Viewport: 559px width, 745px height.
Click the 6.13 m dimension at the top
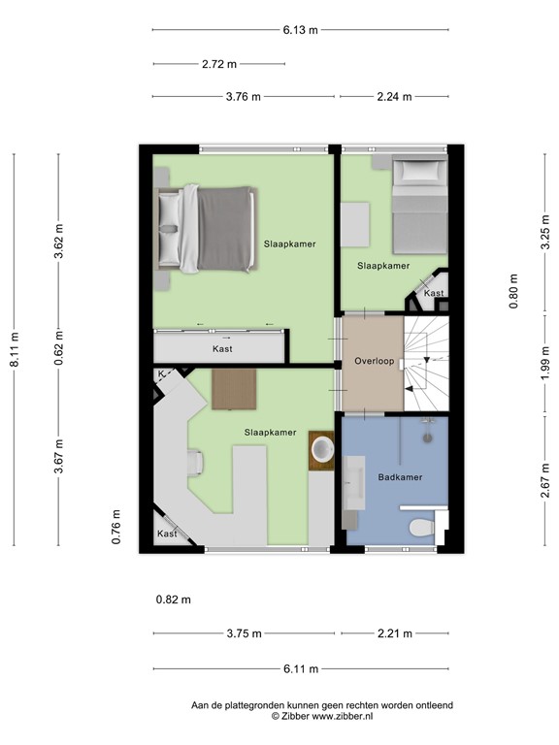pyautogui.click(x=300, y=30)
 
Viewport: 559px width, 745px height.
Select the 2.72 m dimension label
pyautogui.click(x=218, y=64)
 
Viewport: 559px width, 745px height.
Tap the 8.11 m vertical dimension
pyautogui.click(x=15, y=349)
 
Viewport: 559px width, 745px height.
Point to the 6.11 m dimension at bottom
pyautogui.click(x=300, y=668)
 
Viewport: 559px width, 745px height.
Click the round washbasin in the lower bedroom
pyautogui.click(x=321, y=448)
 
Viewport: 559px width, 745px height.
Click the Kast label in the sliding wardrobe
pyautogui.click(x=222, y=348)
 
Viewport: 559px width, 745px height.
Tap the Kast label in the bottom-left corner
pyautogui.click(x=167, y=534)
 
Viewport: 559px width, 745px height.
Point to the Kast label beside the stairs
pyautogui.click(x=434, y=293)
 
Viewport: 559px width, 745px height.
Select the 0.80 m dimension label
pyautogui.click(x=513, y=291)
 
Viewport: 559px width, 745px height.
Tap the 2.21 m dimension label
pyautogui.click(x=393, y=633)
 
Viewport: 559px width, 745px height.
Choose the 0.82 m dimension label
pyautogui.click(x=174, y=599)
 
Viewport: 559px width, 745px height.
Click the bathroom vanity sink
pyautogui.click(x=352, y=476)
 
